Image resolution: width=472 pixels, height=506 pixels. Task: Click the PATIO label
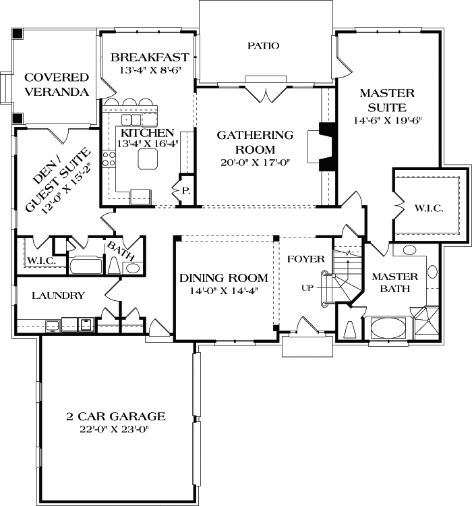263,46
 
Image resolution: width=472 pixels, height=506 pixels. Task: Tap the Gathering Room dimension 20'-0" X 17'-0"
255,163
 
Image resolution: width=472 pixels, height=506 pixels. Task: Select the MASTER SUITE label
387,101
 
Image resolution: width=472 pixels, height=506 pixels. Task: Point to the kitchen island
146,159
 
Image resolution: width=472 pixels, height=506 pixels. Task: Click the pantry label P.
185,192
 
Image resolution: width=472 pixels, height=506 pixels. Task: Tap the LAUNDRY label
58,295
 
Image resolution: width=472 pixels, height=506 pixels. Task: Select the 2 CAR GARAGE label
116,416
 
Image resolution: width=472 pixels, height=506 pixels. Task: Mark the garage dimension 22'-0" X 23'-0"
116,430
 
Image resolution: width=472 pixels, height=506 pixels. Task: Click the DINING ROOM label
223,278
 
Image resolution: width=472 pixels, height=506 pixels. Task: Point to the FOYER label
306,259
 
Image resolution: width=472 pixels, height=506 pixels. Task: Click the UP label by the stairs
307,288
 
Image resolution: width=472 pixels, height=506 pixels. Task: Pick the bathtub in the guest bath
86,264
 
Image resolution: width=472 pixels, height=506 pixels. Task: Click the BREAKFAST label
150,57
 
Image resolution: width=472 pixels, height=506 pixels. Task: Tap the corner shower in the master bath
426,322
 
